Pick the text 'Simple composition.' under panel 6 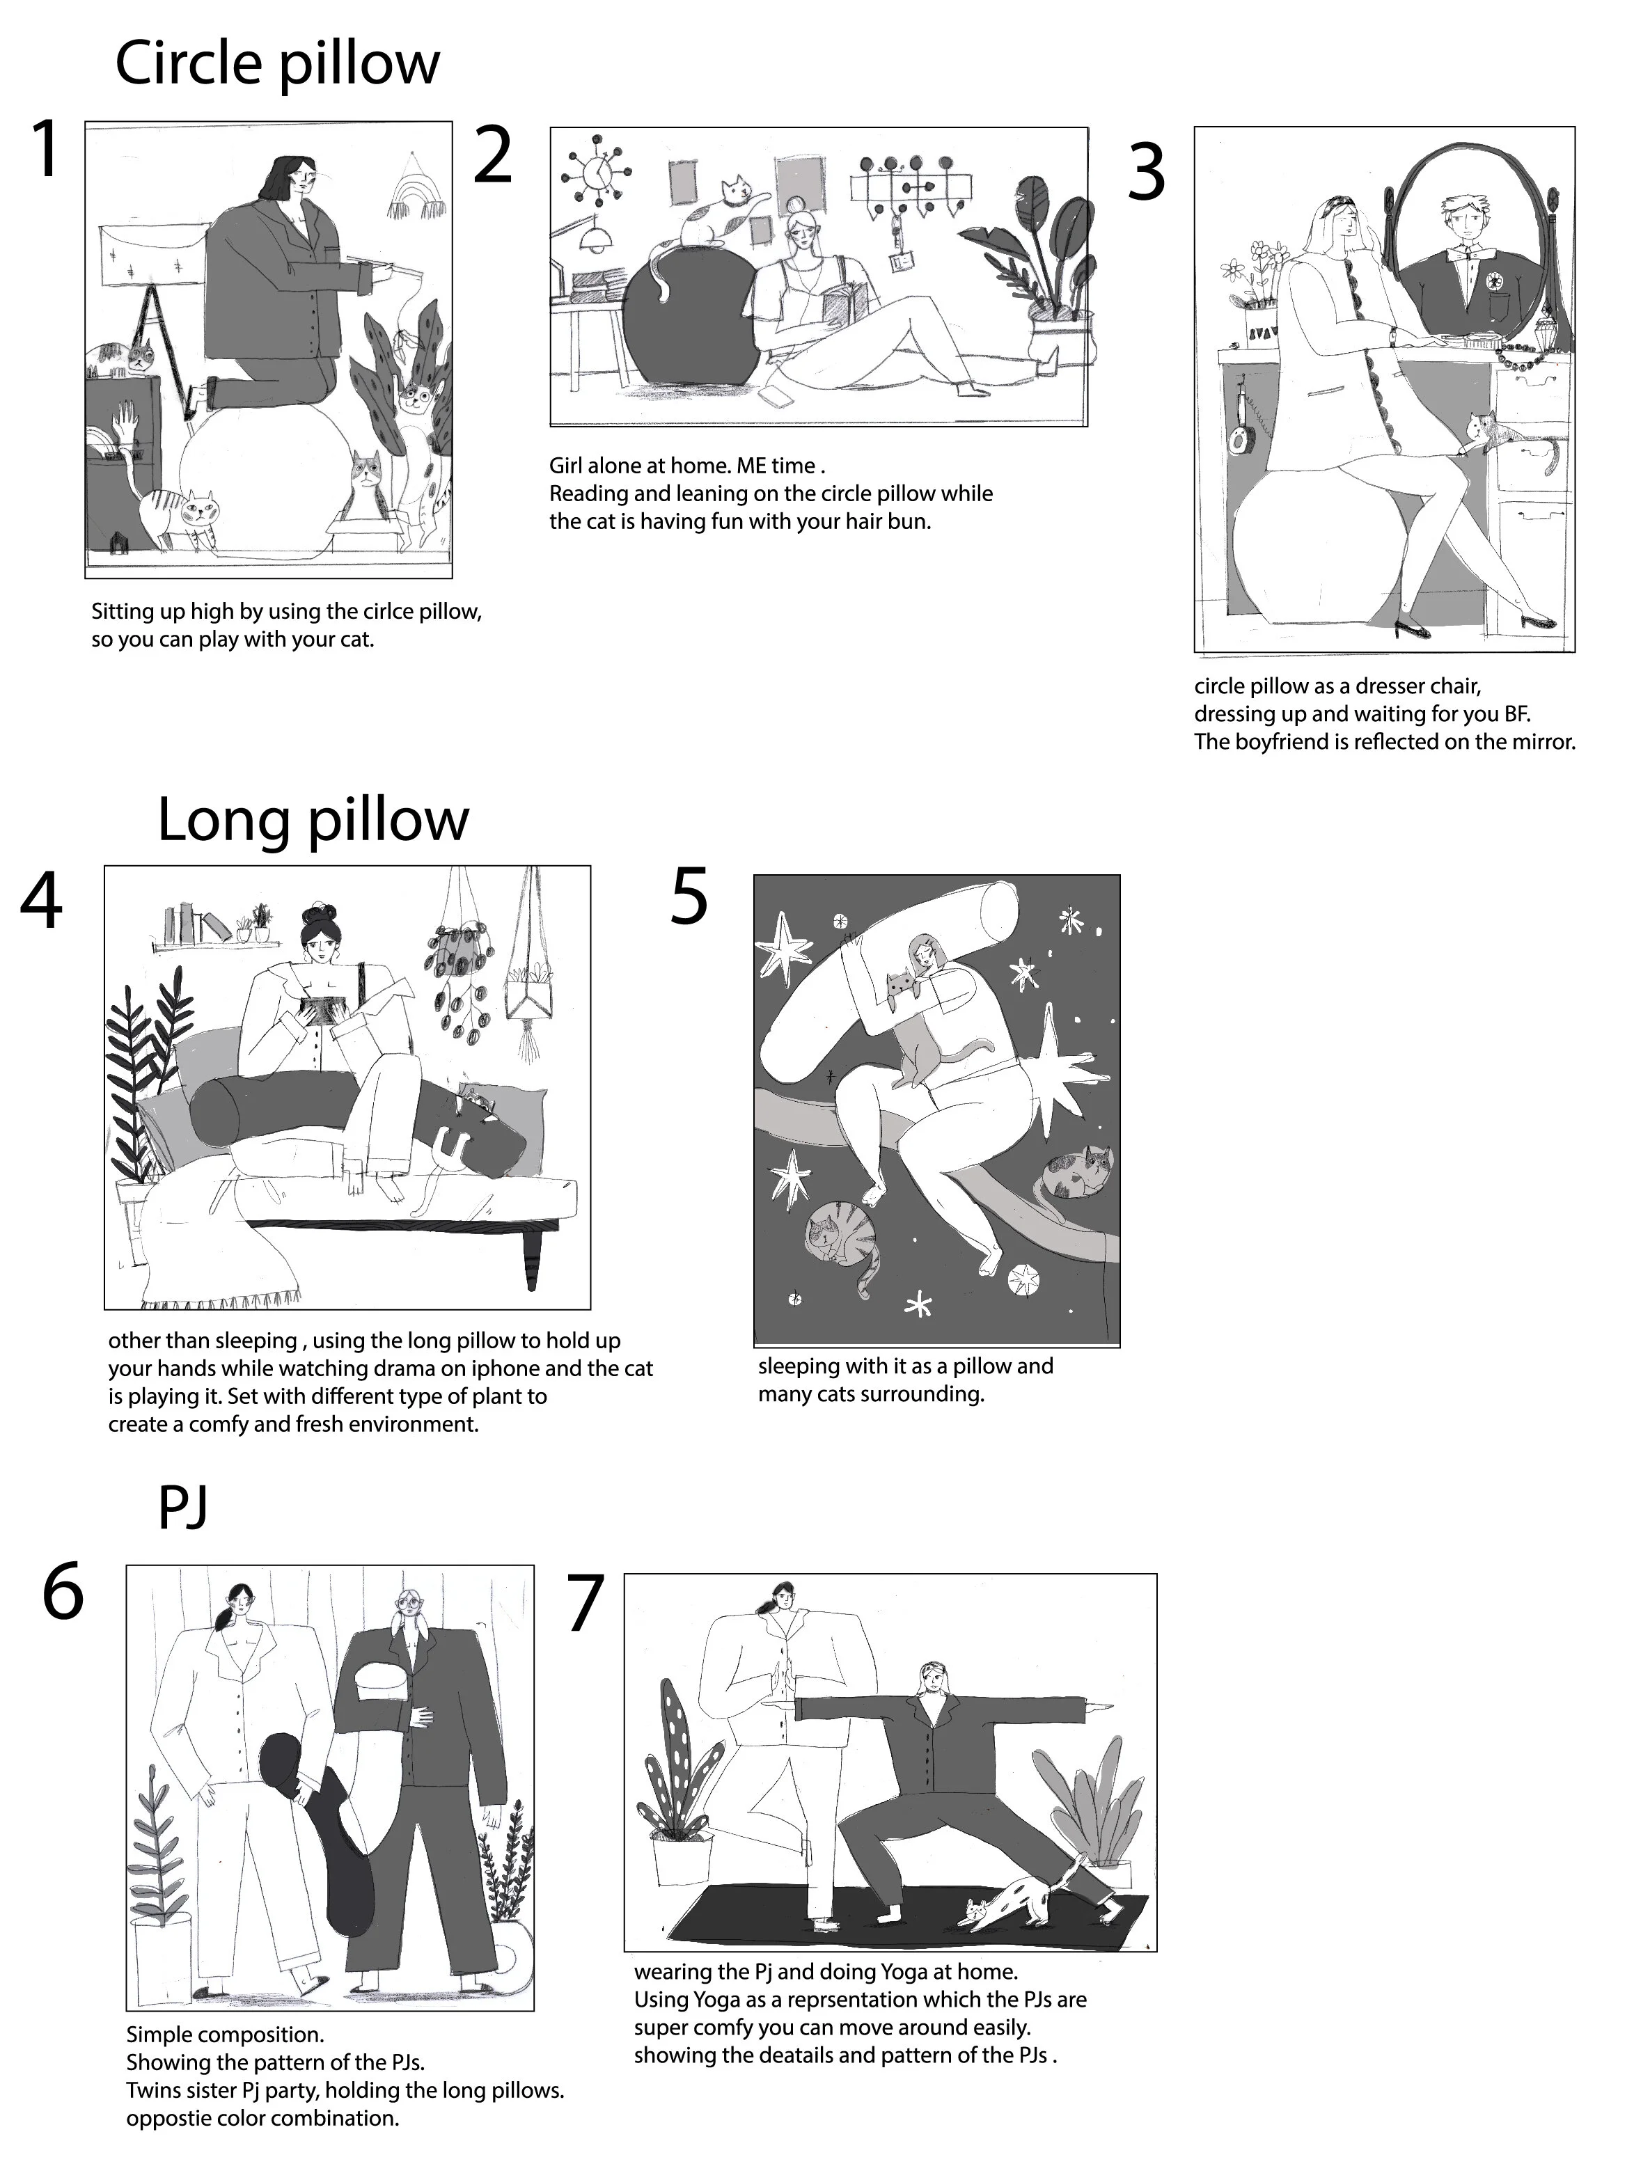(224, 2035)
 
